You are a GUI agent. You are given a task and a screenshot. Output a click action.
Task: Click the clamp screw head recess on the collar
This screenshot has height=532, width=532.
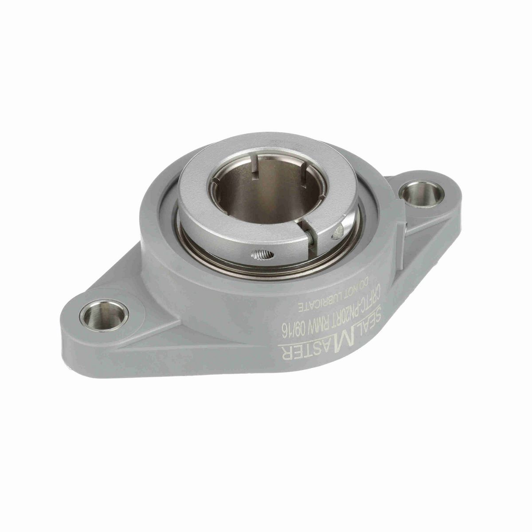340,229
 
